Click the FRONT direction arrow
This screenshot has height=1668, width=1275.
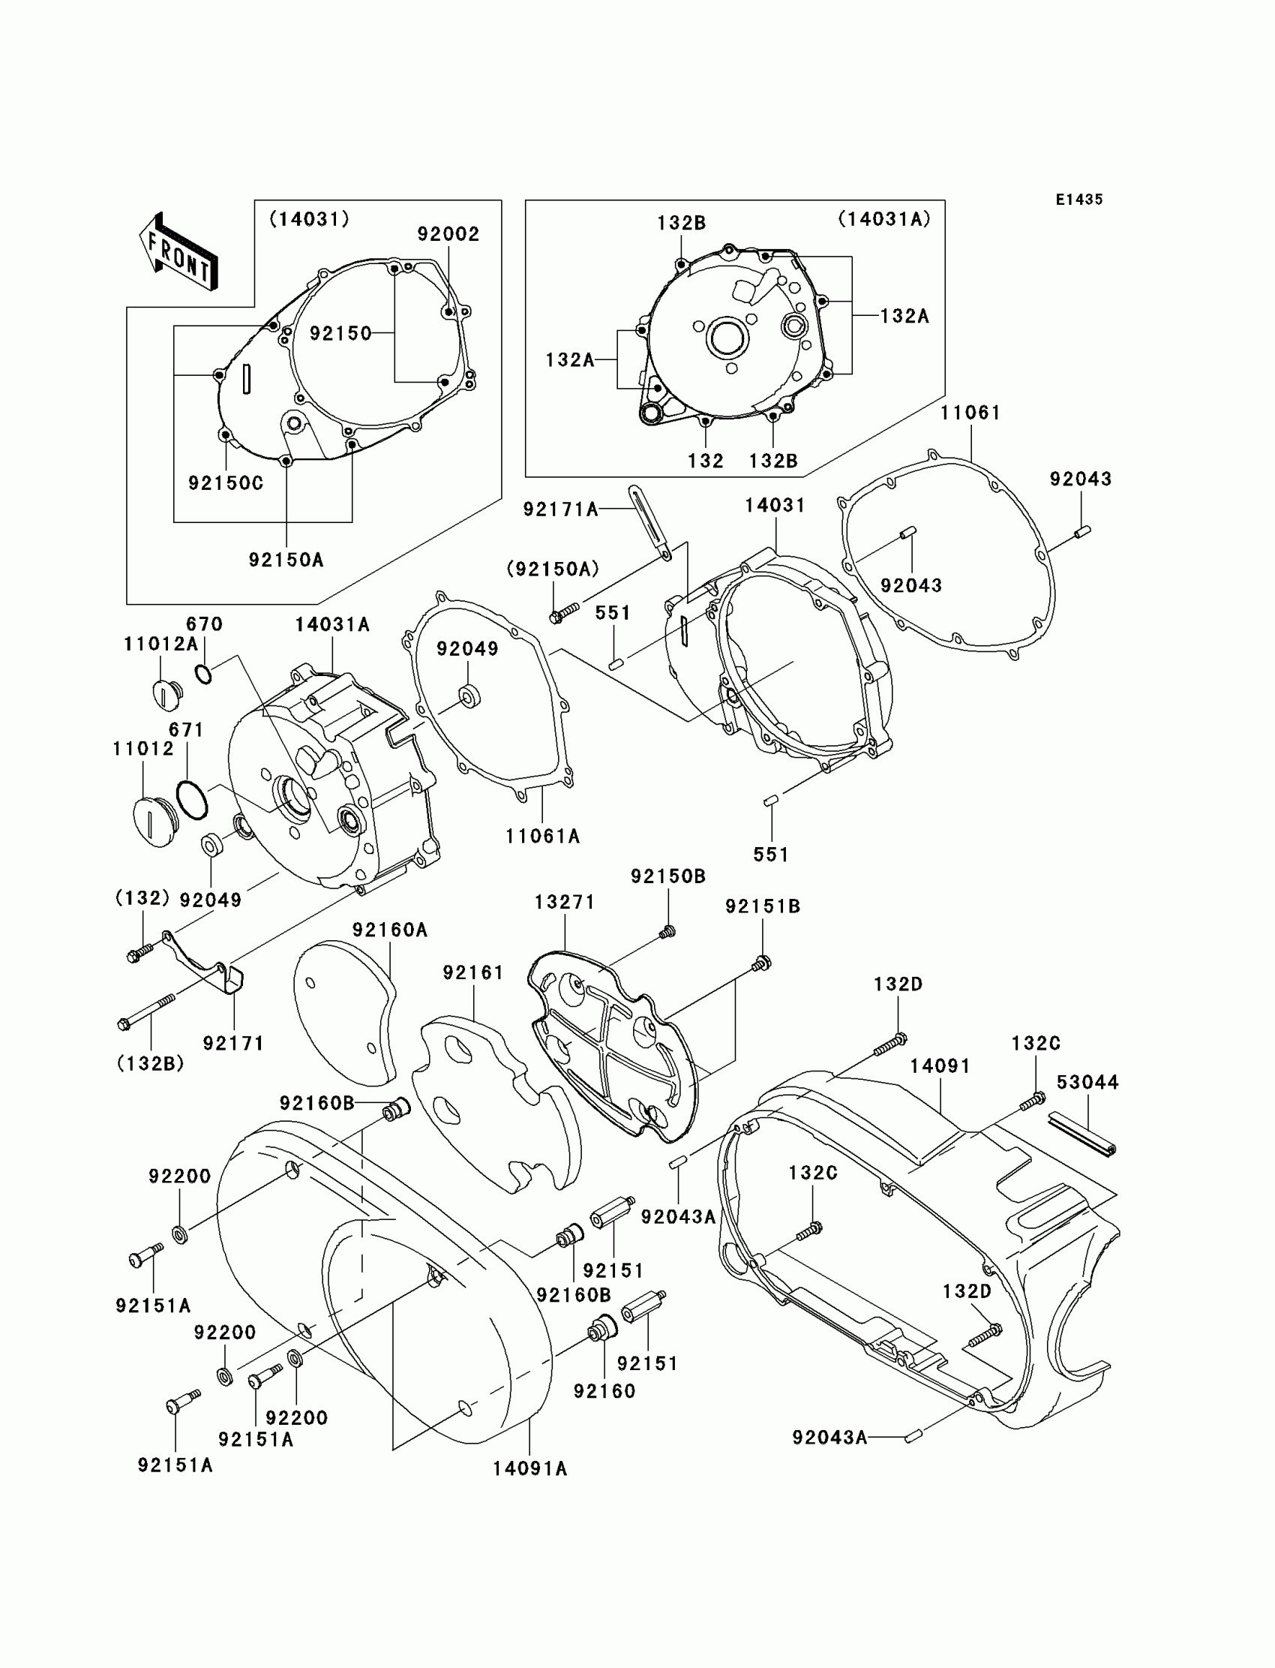[178, 251]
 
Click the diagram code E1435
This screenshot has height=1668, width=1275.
[1078, 200]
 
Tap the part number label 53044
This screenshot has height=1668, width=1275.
[1087, 1082]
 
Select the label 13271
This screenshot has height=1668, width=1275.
[565, 902]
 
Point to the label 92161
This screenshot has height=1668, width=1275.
[473, 972]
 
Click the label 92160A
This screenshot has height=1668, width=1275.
[390, 929]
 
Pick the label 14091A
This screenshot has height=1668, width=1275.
[529, 1468]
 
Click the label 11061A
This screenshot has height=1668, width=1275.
[543, 836]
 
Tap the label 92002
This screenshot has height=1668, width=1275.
[448, 234]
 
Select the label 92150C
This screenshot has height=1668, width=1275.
[226, 483]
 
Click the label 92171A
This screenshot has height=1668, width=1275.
[560, 509]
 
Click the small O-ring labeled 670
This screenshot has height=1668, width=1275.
[203, 672]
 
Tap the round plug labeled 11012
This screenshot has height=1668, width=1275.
[154, 822]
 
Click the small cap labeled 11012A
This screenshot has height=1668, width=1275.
[167, 695]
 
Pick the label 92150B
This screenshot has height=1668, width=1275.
[667, 876]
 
